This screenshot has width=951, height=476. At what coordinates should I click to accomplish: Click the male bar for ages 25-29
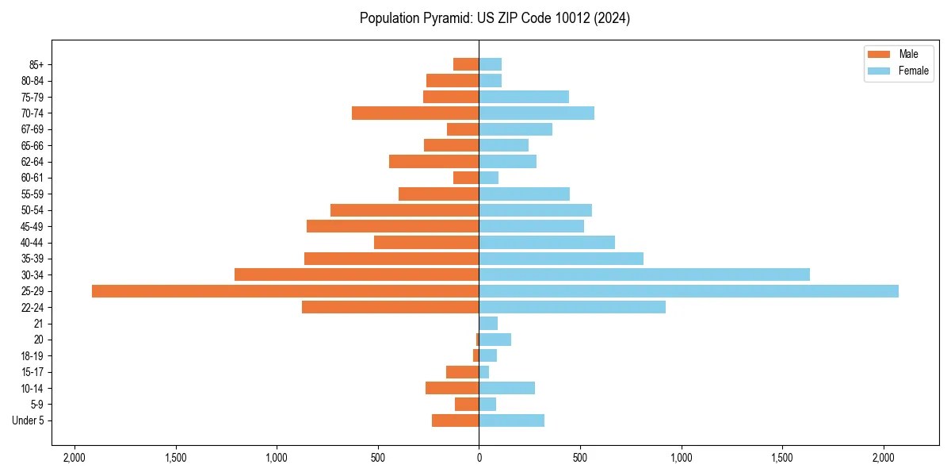(285, 291)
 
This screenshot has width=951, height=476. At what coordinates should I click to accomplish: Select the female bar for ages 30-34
(644, 274)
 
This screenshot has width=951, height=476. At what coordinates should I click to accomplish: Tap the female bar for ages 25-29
(689, 291)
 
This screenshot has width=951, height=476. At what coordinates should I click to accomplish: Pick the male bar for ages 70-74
(415, 113)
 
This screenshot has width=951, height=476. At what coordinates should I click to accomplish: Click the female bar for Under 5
(511, 420)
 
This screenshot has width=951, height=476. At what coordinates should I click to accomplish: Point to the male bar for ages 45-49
(392, 226)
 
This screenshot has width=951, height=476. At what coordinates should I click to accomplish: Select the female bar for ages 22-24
(572, 307)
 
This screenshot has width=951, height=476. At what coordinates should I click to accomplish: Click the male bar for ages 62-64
(433, 162)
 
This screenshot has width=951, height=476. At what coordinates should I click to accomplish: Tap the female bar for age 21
(488, 324)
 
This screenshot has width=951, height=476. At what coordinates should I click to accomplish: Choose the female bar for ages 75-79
(524, 97)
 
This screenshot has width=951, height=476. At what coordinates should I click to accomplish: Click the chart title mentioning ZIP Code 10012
(495, 18)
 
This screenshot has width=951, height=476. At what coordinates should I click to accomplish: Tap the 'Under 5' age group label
(28, 420)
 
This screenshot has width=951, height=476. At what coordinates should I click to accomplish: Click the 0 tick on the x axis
(479, 458)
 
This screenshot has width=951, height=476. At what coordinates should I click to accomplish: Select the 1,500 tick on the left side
(175, 458)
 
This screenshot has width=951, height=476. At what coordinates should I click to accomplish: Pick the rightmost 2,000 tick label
(884, 458)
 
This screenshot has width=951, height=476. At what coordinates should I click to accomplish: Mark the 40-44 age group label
(32, 243)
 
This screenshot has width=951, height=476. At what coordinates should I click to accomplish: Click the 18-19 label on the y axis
(32, 356)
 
